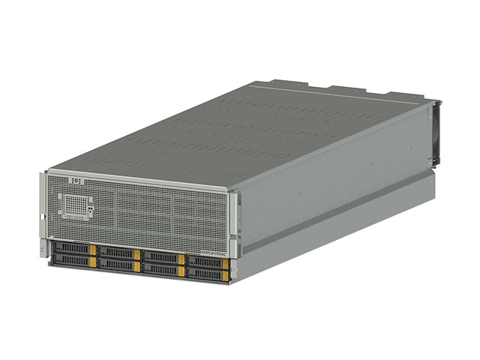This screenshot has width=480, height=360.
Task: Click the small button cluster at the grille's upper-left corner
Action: [x=74, y=182]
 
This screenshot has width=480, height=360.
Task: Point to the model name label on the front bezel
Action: [x=217, y=244]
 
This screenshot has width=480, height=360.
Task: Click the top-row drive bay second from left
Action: [x=115, y=252]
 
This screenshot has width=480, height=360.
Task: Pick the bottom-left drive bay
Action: [x=70, y=260]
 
